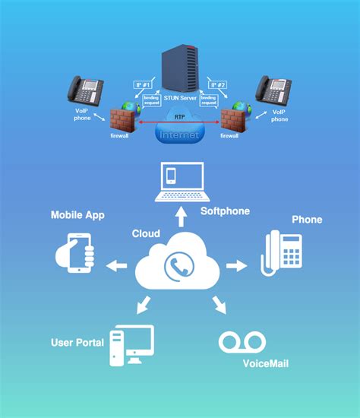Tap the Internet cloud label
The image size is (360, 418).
pos(179,134)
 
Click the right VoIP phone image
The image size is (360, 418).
pos(273,90)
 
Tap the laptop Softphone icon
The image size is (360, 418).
pos(180,183)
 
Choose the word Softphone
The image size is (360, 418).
pos(225,211)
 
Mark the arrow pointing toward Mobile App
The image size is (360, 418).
pos(117,266)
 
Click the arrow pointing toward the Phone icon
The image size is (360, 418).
pos(238,266)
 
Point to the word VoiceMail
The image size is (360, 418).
pos(265,363)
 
